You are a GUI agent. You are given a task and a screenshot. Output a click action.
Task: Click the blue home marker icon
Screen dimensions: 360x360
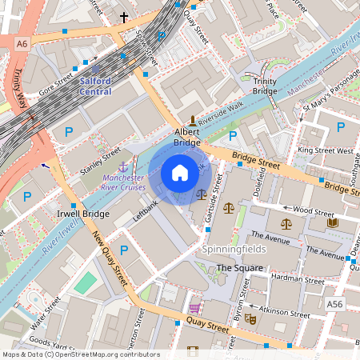[180, 173]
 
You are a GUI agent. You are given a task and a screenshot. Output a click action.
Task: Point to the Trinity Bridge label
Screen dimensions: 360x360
[265, 86]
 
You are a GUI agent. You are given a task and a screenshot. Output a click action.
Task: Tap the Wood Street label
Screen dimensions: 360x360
[313, 211]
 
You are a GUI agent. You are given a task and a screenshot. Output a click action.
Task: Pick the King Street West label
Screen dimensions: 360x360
[325, 150]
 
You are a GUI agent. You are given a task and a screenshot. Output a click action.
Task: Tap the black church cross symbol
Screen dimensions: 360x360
[123, 16]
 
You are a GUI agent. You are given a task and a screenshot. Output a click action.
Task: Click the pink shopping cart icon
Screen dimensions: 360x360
[194, 308]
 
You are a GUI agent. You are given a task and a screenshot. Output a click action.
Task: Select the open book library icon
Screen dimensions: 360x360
[332, 222]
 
